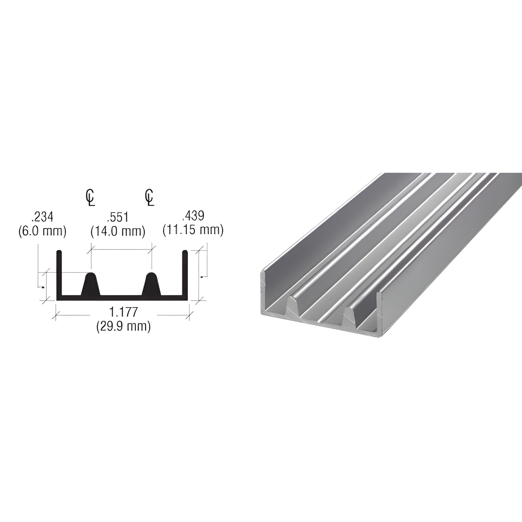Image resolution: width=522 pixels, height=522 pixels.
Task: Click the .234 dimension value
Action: (x=42, y=217)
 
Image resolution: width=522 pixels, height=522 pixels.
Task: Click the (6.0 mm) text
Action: (x=42, y=231)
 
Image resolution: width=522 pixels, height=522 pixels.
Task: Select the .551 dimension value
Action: (x=118, y=217)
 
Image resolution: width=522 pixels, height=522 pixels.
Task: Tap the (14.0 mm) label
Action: (x=118, y=231)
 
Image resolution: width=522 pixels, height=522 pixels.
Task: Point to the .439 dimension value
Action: (x=193, y=216)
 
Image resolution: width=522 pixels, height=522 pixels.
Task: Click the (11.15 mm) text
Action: (x=193, y=230)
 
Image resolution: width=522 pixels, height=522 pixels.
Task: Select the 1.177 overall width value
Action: (x=123, y=312)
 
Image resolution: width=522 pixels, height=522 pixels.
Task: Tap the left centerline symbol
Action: (x=90, y=197)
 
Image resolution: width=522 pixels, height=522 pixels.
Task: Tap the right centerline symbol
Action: (x=150, y=197)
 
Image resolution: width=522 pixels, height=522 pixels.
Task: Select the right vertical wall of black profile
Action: (x=185, y=273)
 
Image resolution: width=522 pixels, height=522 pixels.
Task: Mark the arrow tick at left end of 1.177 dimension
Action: (x=56, y=315)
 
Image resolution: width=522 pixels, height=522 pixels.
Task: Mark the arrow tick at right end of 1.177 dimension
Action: (x=190, y=315)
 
